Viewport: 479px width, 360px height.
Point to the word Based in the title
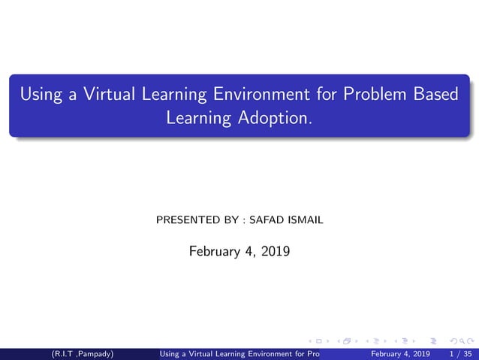(433, 95)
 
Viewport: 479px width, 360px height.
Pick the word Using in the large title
(39, 95)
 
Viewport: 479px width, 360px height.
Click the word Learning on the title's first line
(161, 95)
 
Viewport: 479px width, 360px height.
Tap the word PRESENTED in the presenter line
(188, 221)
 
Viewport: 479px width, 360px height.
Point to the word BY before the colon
(232, 221)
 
